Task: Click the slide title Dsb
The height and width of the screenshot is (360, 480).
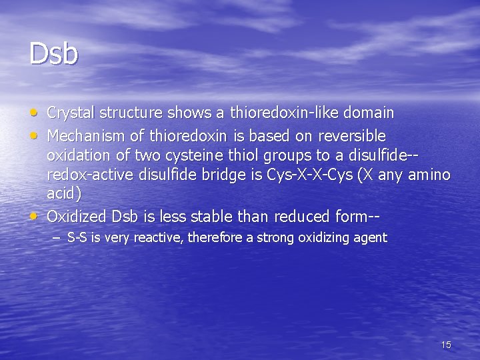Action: (x=53, y=54)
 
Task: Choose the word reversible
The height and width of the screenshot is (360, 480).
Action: (x=351, y=137)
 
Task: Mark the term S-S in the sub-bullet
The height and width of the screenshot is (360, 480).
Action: (x=77, y=238)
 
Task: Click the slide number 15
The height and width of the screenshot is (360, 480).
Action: (x=446, y=345)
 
